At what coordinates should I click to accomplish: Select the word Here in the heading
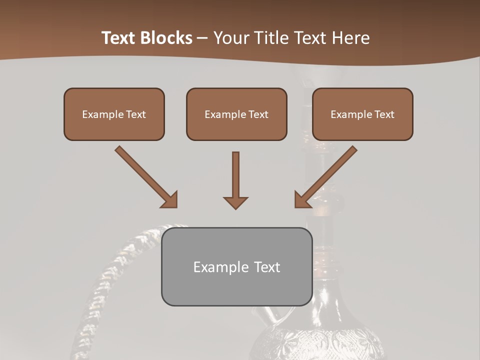pos(351,38)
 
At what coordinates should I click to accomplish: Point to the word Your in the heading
pos(231,38)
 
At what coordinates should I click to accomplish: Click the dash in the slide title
pos(202,38)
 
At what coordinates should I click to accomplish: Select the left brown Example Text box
pos(114,114)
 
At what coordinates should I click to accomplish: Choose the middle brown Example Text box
pos(236,114)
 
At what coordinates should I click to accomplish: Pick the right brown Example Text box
pos(362,114)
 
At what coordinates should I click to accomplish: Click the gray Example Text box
pos(236,266)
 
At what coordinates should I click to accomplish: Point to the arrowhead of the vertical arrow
pos(235,202)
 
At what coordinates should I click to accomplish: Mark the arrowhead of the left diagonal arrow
pos(170,200)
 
